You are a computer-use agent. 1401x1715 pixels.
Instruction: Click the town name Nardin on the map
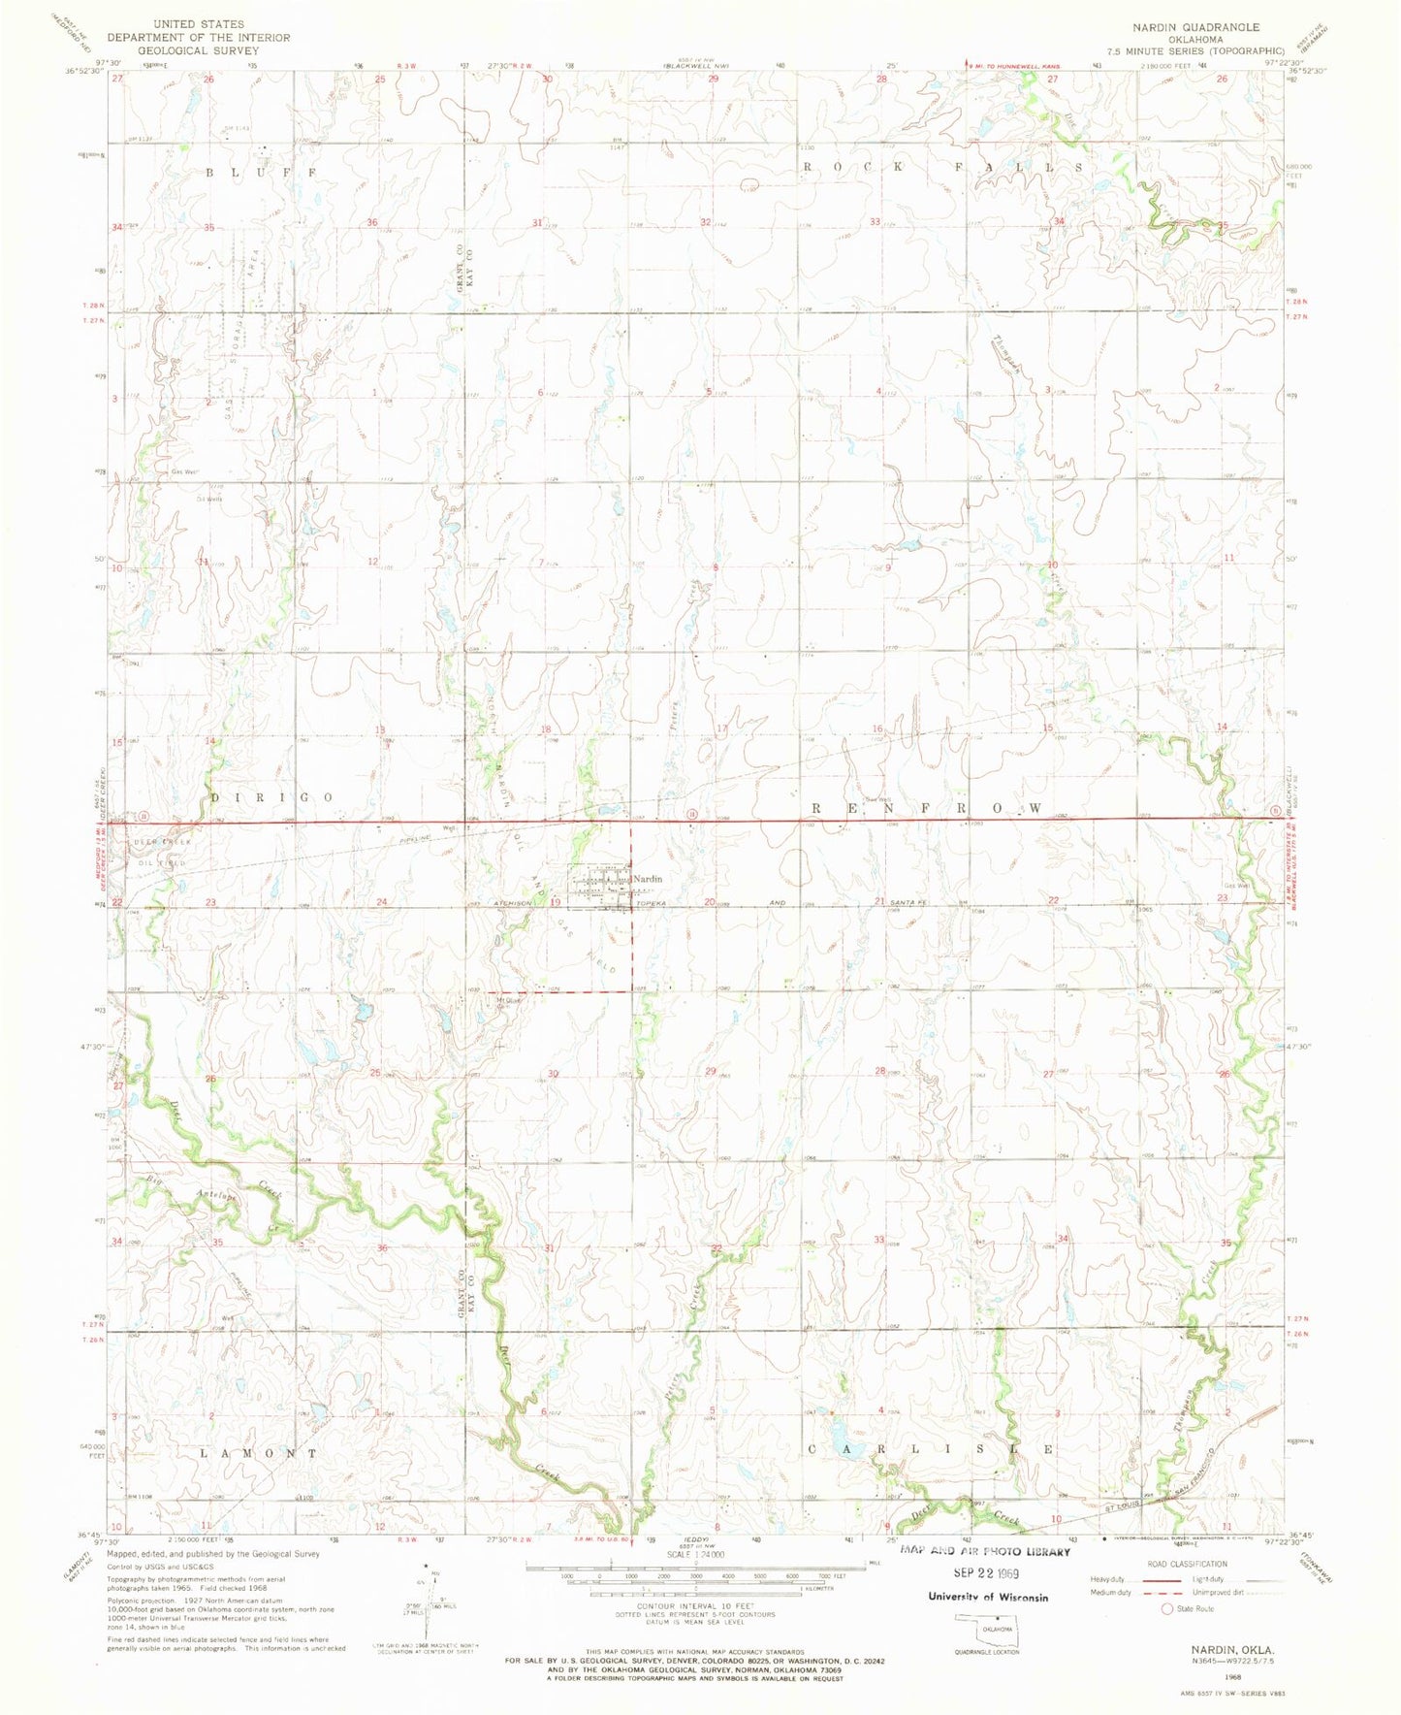point(648,879)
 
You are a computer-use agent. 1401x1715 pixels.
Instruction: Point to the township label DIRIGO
point(271,796)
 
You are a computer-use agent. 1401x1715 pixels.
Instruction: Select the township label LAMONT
point(258,1453)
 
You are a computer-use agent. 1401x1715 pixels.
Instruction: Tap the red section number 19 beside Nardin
point(556,902)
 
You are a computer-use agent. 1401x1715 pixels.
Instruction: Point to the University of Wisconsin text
point(987,1597)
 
